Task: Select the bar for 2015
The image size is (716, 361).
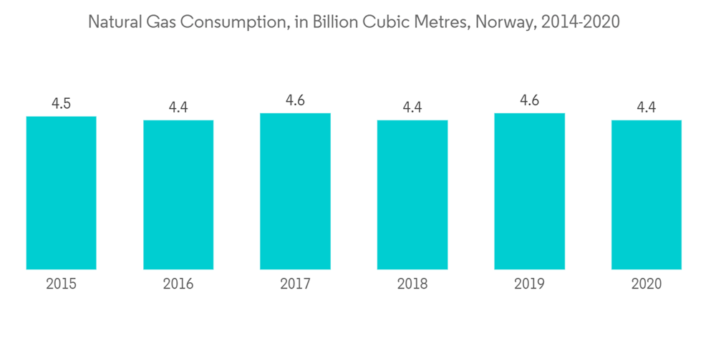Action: (x=61, y=193)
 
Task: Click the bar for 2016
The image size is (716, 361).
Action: (x=178, y=195)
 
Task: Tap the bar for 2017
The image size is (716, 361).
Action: (x=295, y=191)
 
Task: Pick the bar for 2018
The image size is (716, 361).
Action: (x=412, y=195)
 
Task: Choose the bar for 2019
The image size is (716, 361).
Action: (x=529, y=191)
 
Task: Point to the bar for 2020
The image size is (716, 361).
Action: (x=647, y=195)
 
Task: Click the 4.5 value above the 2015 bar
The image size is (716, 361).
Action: (x=61, y=104)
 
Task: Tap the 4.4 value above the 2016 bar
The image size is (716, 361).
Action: (x=178, y=108)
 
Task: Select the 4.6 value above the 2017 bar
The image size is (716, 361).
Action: (x=295, y=101)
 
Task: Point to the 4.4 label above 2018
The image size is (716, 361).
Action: (x=412, y=108)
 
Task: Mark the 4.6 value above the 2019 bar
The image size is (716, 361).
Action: (x=529, y=101)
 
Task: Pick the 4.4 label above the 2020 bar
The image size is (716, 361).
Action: (x=647, y=108)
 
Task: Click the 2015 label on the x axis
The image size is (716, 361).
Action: (x=61, y=284)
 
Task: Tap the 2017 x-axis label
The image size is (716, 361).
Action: (x=295, y=284)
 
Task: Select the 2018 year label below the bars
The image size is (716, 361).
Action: (x=412, y=284)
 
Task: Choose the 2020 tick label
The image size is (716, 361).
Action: (x=647, y=284)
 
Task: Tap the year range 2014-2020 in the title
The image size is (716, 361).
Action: (x=581, y=22)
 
